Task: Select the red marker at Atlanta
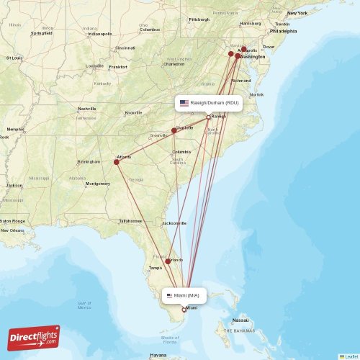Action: (116, 162)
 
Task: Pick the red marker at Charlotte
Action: (174, 131)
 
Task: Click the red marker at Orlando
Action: (168, 261)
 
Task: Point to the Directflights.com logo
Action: (34, 337)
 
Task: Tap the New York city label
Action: (297, 13)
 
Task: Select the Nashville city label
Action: (86, 109)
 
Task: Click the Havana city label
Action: (158, 355)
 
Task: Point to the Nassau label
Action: (240, 320)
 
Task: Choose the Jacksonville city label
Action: (174, 223)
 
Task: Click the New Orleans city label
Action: (12, 230)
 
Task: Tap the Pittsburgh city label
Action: (199, 19)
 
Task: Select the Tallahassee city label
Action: (130, 220)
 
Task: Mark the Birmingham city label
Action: (89, 161)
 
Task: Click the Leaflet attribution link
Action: (350, 356)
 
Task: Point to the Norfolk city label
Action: (256, 95)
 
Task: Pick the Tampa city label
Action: (155, 268)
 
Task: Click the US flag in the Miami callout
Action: (170, 295)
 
